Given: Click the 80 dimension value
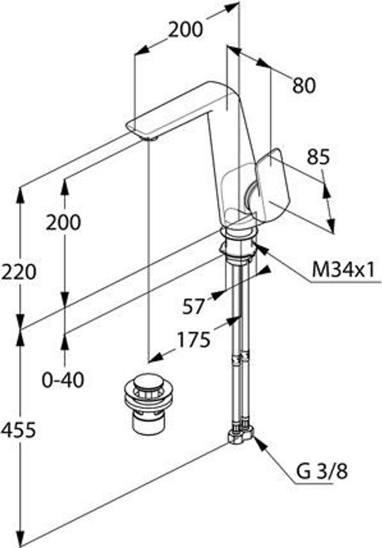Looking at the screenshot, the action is click(304, 85).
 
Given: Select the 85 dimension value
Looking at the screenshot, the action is click(318, 157).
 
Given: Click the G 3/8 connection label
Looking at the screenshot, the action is click(322, 471).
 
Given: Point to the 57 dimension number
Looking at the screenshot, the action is click(193, 307).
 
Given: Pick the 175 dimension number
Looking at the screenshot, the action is click(193, 339).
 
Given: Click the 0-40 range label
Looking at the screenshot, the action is click(63, 380).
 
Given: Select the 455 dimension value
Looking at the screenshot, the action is click(18, 430).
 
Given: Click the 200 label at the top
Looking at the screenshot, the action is click(185, 29).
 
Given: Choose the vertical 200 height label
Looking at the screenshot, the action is click(63, 222).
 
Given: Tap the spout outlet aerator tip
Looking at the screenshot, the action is click(149, 139).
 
